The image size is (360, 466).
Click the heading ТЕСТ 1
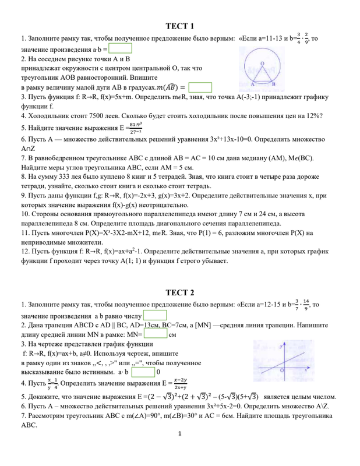coord(179,27)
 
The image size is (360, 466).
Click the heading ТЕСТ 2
coord(179,292)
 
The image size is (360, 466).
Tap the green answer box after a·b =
coord(121,49)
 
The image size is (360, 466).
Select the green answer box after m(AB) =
coord(200,87)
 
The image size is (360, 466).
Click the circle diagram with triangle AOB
coord(256,65)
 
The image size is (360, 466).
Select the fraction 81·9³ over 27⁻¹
coord(136,128)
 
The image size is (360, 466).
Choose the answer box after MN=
coord(156,335)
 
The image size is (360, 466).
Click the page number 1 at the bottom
coord(180,450)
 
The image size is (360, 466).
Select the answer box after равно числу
coord(147,316)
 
